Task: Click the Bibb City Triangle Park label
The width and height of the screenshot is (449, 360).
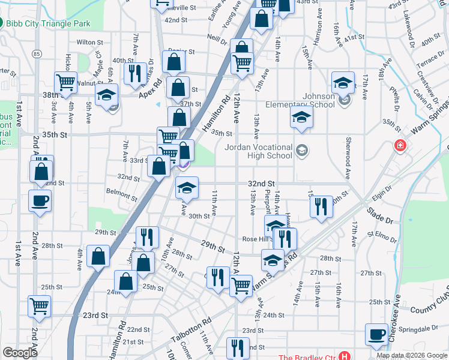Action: pyautogui.click(x=48, y=23)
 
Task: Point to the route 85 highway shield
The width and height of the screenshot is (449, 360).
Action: pyautogui.click(x=38, y=54)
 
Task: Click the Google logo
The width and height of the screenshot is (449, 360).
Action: pyautogui.click(x=20, y=353)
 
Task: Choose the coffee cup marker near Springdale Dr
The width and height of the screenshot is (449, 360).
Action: pyautogui.click(x=377, y=335)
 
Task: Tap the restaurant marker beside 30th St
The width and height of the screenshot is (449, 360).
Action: pyautogui.click(x=321, y=207)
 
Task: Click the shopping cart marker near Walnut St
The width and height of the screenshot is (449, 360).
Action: pyautogui.click(x=65, y=82)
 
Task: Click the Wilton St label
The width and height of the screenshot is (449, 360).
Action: pyautogui.click(x=90, y=43)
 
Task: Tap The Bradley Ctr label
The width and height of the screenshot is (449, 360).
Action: pyautogui.click(x=307, y=355)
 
